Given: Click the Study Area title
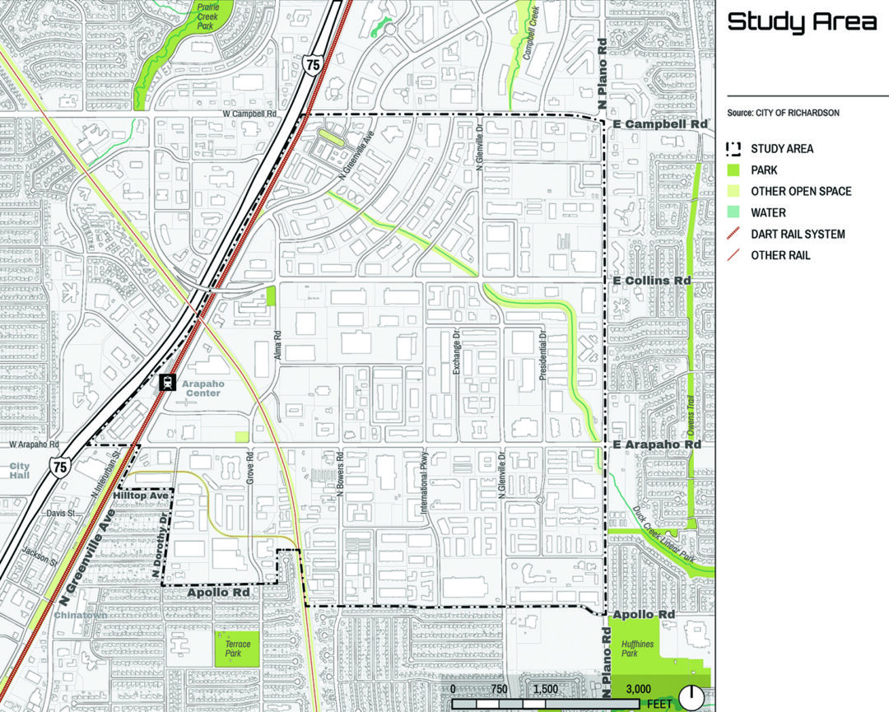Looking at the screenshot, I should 802,22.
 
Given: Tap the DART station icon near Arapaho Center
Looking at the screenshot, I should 167,382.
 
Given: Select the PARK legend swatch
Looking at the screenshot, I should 733,170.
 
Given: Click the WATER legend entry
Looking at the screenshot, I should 768,212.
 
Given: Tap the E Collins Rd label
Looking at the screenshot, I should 653,281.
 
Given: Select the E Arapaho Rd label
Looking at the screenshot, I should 657,444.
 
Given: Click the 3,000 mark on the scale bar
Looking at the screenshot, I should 639,689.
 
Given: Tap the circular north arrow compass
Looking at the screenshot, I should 692,697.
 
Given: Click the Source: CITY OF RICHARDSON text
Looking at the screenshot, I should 783,113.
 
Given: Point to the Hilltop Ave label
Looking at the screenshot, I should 141,496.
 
